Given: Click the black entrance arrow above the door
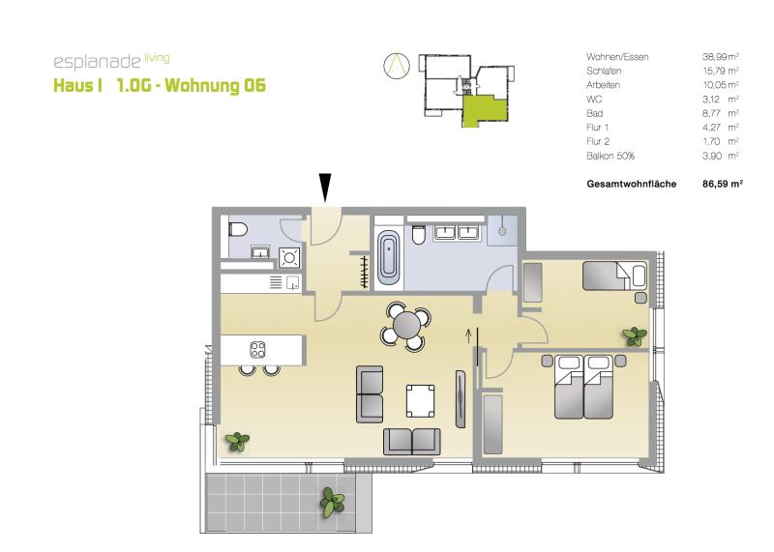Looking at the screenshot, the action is point(325,188).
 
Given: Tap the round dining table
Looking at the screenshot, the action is point(407,326).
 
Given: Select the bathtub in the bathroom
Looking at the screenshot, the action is point(389,256).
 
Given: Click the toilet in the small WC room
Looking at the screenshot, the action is point(238,229).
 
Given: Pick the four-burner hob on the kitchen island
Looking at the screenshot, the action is point(257,350).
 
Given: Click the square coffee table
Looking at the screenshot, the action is point(421,400).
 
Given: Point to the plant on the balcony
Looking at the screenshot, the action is point(332,503).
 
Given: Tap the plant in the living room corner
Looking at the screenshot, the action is point(237,442).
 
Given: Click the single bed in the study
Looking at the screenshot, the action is point(614,276).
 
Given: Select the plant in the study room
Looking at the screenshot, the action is point(635,336).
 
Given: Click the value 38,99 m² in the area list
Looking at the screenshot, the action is point(720,57).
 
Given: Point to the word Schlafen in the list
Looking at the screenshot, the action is point(604,71).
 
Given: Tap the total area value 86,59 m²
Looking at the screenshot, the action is point(722,184).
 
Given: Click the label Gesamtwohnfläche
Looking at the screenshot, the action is point(632,184).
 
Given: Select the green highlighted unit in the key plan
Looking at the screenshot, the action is point(484,110).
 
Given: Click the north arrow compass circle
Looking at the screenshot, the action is point(397,66).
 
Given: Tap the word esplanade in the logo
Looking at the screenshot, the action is point(98,63).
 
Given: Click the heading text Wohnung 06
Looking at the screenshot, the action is point(215,85).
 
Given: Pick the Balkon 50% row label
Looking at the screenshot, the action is point(610,156).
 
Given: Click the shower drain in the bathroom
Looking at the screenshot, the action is point(502,230).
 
